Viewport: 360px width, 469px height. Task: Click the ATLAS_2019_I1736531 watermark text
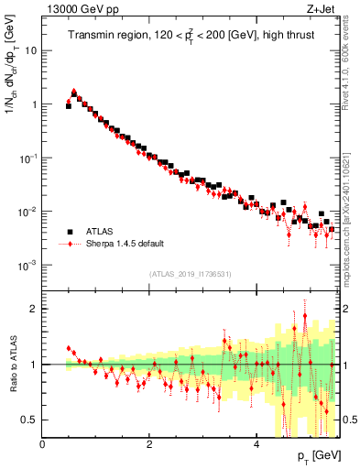pyautogui.click(x=190, y=274)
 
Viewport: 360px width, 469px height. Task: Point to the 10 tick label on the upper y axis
pyautogui.click(x=31, y=50)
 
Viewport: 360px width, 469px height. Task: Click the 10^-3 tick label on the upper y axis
pyautogui.click(x=29, y=265)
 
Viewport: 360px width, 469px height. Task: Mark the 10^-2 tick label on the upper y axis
pyautogui.click(x=29, y=212)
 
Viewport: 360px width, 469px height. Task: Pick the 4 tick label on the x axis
pyautogui.click(x=256, y=444)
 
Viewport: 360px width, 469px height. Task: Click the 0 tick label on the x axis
pyautogui.click(x=43, y=444)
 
